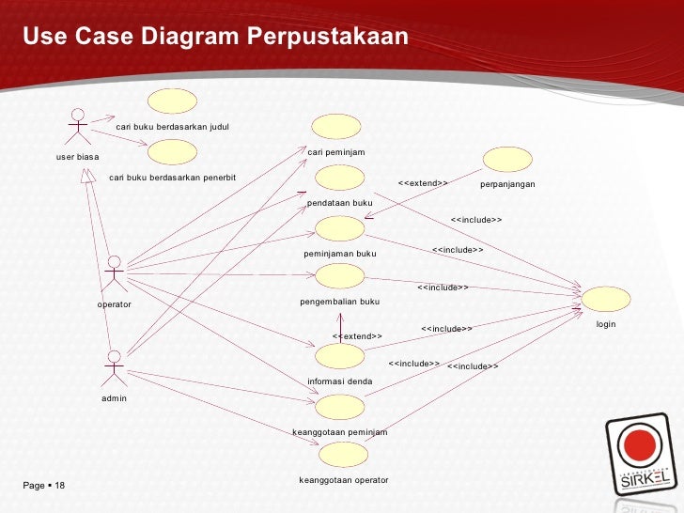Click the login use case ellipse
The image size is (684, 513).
(606, 299)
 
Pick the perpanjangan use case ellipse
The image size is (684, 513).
(506, 160)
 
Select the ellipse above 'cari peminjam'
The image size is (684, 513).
(336, 127)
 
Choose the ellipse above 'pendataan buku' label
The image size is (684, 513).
(339, 179)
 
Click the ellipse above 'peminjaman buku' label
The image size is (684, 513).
(339, 228)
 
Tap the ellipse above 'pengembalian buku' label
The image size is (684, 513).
(339, 276)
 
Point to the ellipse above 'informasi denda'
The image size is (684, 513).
(339, 356)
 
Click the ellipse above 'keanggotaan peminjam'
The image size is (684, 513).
(339, 407)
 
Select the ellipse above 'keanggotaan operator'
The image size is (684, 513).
(343, 455)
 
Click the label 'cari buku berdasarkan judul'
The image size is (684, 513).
(172, 126)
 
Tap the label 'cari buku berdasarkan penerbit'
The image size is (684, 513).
(173, 177)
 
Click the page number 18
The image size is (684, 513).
(59, 486)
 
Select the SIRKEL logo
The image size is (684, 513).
(643, 458)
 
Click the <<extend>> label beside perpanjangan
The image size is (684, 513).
(423, 183)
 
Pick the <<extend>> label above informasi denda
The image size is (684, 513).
(357, 336)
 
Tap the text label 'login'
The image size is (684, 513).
(606, 324)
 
